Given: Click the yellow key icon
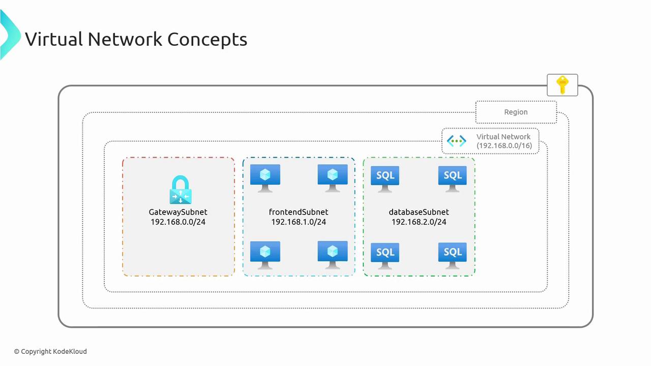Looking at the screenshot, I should tap(562, 85).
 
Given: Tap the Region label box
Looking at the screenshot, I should tap(516, 112).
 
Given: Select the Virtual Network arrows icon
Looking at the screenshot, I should tap(456, 141).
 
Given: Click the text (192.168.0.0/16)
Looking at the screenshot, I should tap(504, 146).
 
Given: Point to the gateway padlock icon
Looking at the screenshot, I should tap(180, 190).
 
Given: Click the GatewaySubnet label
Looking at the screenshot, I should tap(178, 212).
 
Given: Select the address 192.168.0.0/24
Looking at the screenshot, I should tap(178, 222).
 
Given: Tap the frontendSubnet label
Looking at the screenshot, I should tap(299, 212).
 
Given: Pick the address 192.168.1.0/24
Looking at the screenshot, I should tap(299, 222).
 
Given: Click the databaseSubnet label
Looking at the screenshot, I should tap(419, 212).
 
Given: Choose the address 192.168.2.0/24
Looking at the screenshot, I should tap(419, 222).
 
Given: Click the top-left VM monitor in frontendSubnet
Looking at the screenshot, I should tap(265, 178).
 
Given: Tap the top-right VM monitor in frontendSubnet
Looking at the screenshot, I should tap(333, 178).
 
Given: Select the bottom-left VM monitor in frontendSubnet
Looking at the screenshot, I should tap(265, 255).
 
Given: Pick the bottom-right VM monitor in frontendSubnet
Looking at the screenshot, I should tap(333, 255).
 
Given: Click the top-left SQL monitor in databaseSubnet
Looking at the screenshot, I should tap(385, 178).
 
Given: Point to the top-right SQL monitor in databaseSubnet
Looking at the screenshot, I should tap(452, 178).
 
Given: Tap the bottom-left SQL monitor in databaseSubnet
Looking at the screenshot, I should tap(385, 255).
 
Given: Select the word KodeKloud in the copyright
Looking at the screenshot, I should tap(70, 351).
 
